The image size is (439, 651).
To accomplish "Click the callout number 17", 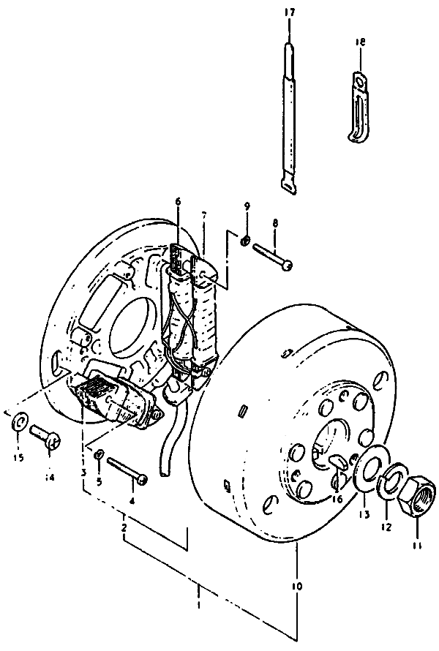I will pos(290,12).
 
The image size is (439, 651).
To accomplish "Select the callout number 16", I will pos(337,499).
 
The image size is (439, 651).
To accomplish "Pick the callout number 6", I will pos(177,202).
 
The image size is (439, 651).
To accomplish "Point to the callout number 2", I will pos(125,527).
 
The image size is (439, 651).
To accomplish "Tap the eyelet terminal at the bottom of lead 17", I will pos(288,186).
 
